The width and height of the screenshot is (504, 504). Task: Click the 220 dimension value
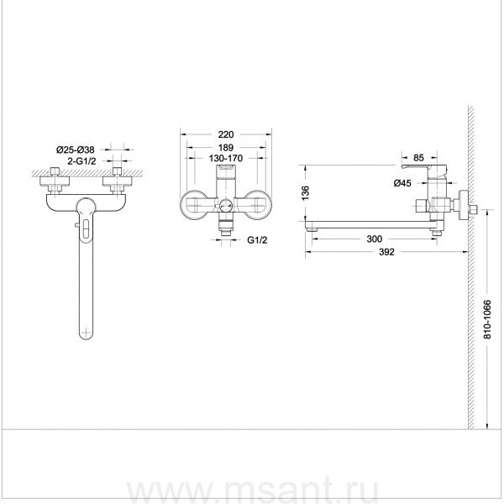[226, 134]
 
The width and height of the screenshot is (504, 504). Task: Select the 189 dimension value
[226, 148]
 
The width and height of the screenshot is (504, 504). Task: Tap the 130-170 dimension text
[226, 159]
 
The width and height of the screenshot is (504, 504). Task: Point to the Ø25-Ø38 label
[76, 150]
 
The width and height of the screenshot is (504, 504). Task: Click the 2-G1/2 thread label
[81, 160]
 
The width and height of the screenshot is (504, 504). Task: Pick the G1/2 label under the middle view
[257, 240]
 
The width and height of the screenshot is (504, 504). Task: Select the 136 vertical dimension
[306, 193]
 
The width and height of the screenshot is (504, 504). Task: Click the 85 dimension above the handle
[418, 158]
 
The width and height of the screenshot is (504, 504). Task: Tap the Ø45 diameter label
[402, 183]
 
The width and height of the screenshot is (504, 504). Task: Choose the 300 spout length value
[375, 239]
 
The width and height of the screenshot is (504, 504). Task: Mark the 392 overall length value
[386, 252]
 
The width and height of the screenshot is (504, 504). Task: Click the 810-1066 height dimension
[487, 319]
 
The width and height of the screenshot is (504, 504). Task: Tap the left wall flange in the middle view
[193, 205]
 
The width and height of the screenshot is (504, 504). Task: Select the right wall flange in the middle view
[258, 205]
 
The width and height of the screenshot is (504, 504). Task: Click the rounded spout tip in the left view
[87, 333]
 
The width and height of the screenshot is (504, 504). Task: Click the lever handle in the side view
[425, 169]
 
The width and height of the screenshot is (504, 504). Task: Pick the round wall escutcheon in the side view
[463, 206]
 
